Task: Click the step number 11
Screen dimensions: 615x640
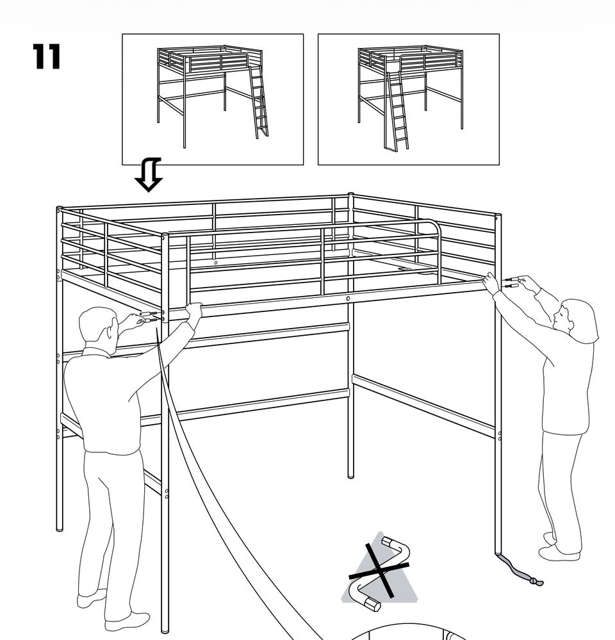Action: point(46,56)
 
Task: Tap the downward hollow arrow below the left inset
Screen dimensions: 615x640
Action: point(149,175)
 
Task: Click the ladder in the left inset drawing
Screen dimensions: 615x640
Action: point(258,102)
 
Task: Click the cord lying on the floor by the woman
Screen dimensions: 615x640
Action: point(520,570)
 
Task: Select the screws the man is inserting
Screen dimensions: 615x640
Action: point(149,316)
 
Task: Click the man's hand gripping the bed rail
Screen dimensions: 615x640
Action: point(194,310)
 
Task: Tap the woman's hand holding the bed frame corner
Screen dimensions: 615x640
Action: point(491,283)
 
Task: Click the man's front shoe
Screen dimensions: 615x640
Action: point(127,621)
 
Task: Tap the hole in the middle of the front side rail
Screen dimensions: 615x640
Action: point(348,299)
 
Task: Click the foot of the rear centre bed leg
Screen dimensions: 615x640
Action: point(350,474)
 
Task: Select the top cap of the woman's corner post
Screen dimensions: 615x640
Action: point(498,216)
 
